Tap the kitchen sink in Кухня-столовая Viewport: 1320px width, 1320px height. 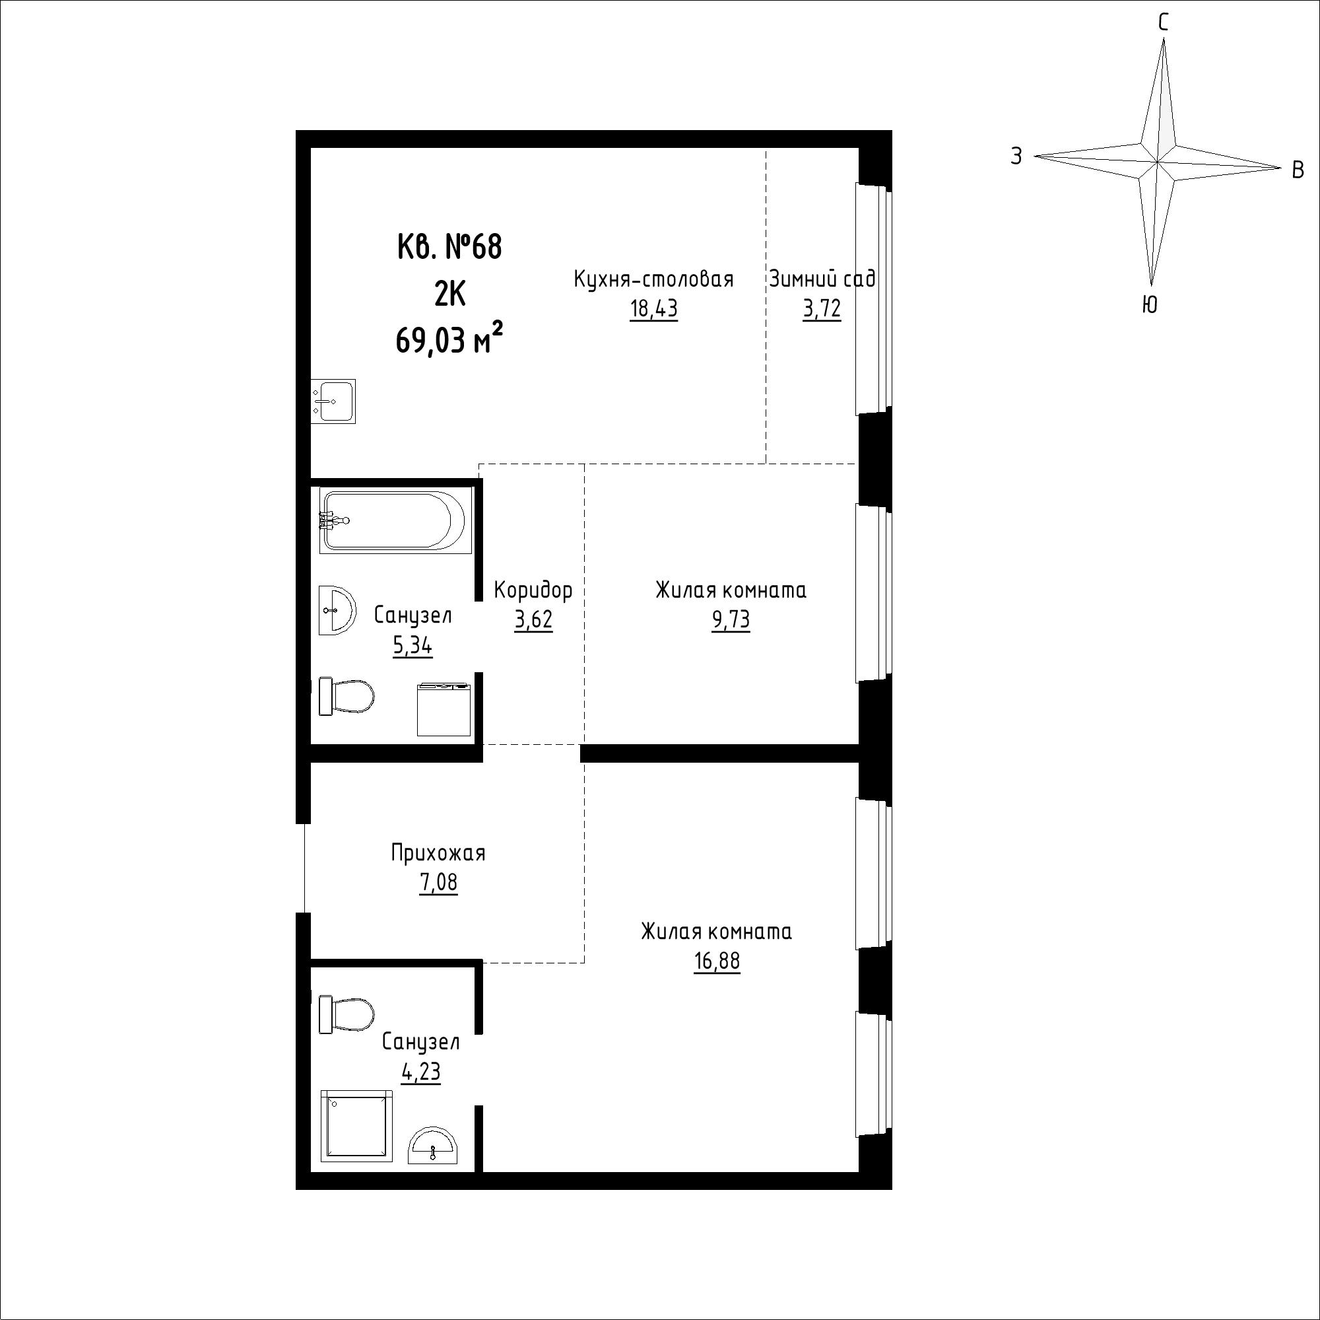(x=333, y=401)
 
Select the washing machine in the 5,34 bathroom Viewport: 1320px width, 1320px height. (x=444, y=710)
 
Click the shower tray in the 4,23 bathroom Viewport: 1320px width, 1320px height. (x=356, y=1126)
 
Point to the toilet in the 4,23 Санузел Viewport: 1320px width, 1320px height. (x=346, y=1014)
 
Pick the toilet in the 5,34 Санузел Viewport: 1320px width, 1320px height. (x=346, y=697)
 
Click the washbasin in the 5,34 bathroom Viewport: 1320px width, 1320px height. (x=337, y=610)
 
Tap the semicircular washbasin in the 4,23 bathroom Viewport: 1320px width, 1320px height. (x=433, y=1145)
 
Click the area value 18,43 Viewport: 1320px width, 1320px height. (x=654, y=310)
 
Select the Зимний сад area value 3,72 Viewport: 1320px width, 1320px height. (x=821, y=310)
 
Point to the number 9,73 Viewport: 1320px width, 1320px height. (x=731, y=620)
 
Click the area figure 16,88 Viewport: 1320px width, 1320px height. (x=717, y=961)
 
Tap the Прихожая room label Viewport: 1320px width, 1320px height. (x=438, y=853)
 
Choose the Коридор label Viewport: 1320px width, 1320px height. (x=533, y=589)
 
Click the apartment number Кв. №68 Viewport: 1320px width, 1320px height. (x=449, y=247)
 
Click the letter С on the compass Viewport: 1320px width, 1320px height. (x=1163, y=22)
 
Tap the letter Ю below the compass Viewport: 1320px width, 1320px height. (x=1150, y=305)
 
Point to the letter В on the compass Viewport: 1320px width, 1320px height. (x=1298, y=170)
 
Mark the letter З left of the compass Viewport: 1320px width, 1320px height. (x=1016, y=156)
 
